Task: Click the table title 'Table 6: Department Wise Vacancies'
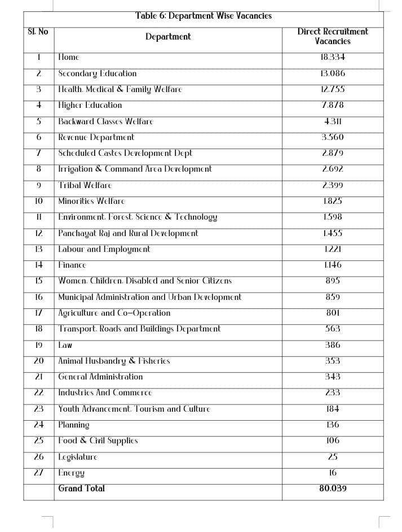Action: point(203,16)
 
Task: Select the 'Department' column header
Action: point(168,37)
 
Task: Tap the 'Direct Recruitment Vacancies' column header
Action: point(333,36)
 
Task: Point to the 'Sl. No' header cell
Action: point(38,32)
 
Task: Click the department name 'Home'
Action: point(69,57)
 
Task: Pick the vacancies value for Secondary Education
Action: point(333,73)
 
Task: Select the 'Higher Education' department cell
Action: point(90,105)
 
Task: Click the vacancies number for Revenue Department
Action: point(333,137)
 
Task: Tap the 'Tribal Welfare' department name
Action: point(85,185)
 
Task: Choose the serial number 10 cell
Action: point(39,201)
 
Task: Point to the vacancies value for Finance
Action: point(333,265)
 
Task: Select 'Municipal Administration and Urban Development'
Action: point(149,296)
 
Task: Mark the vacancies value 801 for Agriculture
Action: point(333,313)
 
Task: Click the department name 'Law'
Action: point(65,345)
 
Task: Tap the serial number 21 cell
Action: point(39,377)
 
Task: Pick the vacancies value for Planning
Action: point(333,425)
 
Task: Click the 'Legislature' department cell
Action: point(78,457)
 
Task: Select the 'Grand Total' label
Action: point(82,489)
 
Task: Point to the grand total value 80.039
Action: point(333,489)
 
